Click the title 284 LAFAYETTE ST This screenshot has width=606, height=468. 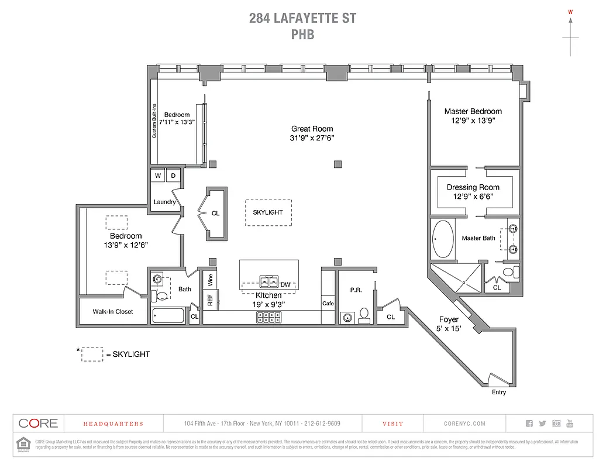(302, 18)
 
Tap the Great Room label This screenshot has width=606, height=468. (312, 129)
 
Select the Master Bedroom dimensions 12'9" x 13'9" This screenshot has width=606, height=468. (473, 121)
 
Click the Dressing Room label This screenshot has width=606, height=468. (473, 187)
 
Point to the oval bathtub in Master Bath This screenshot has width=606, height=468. (442, 239)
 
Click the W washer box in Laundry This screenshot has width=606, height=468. (158, 175)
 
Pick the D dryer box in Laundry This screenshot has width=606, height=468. (174, 175)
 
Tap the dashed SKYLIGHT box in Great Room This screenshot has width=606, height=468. (268, 212)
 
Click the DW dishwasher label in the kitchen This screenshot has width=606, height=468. (285, 285)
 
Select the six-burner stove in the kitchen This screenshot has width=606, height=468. (267, 318)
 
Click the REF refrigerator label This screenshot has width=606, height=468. (210, 300)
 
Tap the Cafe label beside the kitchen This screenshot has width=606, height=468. (328, 304)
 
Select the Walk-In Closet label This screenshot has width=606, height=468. (113, 312)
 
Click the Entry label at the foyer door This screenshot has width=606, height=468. (498, 392)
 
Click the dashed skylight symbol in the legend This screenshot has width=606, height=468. (92, 355)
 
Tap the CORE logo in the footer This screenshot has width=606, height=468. (38, 424)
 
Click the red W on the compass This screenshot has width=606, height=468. (570, 11)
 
